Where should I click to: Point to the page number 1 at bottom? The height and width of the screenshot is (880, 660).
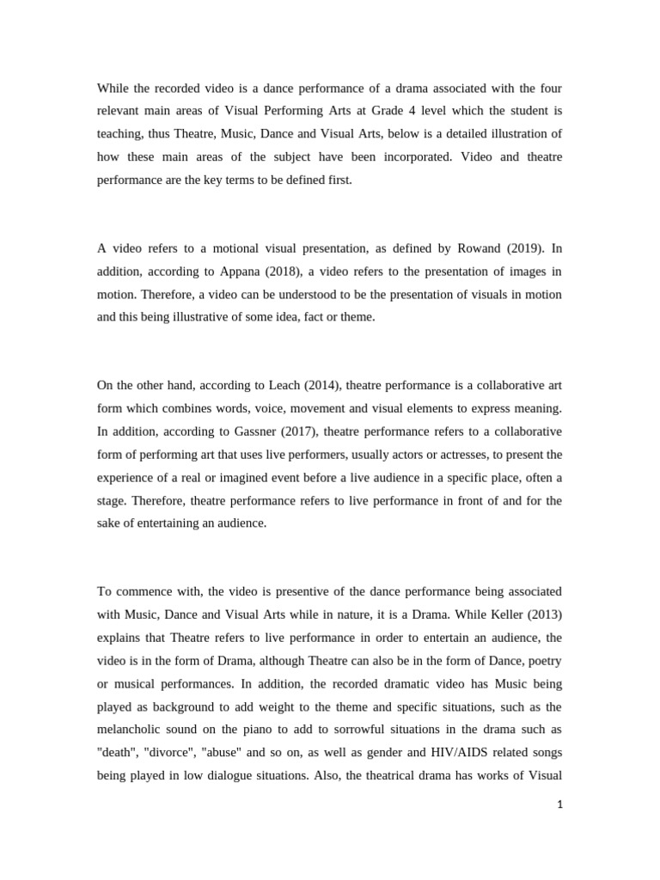coord(559,805)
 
